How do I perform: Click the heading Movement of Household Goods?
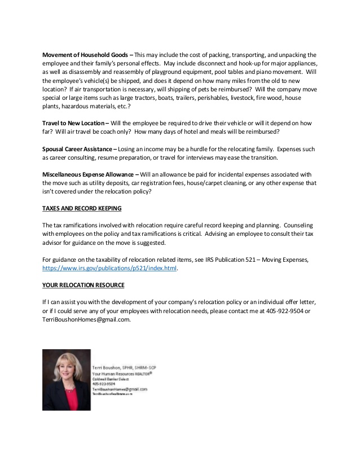coord(85,54)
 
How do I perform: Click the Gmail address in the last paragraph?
coord(86,320)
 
